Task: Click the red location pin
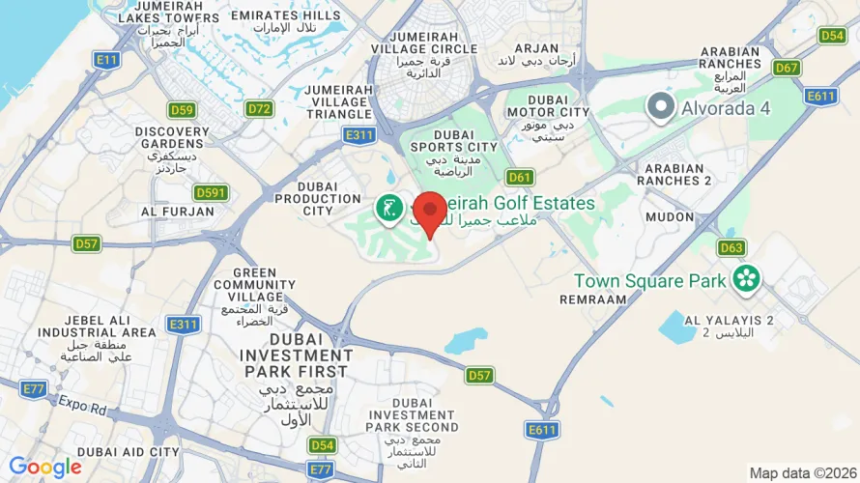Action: [429, 212]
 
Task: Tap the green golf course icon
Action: [389, 208]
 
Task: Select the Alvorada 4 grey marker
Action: [661, 106]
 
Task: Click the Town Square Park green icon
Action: [745, 280]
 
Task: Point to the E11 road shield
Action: [106, 60]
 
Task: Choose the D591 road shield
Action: [210, 192]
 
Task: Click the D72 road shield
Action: [259, 108]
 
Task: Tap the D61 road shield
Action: [520, 177]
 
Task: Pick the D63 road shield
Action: [731, 248]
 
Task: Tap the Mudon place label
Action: [670, 217]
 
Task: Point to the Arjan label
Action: [536, 47]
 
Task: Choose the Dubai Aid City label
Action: [129, 451]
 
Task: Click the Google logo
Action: [45, 468]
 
